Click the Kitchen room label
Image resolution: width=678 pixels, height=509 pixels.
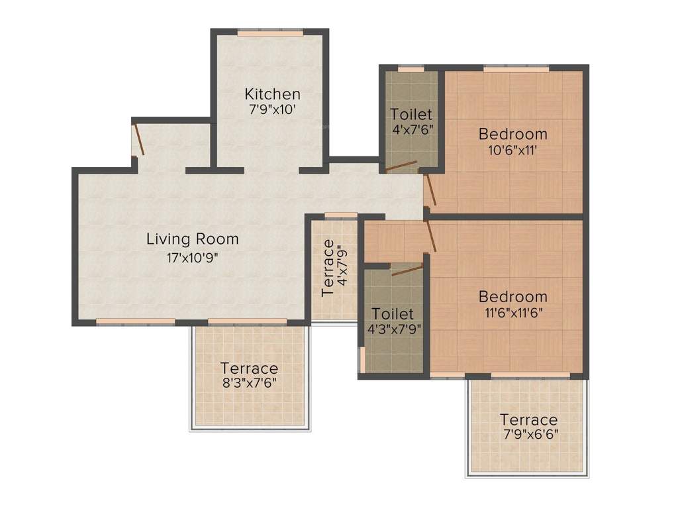pos(272,93)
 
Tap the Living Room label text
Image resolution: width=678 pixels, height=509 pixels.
pos(192,239)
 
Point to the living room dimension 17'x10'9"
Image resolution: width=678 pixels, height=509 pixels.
pos(192,256)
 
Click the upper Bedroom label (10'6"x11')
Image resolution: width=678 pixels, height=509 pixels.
pos(512,134)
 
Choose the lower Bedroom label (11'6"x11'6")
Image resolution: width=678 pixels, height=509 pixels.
pos(512,296)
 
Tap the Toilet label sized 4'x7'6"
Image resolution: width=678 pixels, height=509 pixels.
pos(411,114)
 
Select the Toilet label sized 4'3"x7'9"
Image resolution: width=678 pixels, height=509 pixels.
pos(393,313)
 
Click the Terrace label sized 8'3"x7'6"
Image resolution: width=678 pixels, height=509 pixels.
pos(249,368)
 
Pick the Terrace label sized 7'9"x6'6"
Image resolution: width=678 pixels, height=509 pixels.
pos(528,420)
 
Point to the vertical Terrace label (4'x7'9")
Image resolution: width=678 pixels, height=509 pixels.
pos(328,268)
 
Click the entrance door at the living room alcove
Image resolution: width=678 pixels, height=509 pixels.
pos(138,139)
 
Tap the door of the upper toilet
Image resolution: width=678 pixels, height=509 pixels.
pos(401,166)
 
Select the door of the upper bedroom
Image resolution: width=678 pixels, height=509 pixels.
pos(430,188)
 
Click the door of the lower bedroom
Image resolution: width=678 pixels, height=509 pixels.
pos(432,236)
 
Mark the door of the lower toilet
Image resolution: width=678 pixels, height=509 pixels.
pos(407,268)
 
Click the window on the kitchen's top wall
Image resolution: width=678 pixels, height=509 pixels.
pos(271,32)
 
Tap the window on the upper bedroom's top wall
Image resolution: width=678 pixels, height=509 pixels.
pos(516,68)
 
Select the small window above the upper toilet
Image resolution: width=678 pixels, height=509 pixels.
pos(411,68)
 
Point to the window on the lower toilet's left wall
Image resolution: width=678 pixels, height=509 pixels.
pos(362,359)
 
